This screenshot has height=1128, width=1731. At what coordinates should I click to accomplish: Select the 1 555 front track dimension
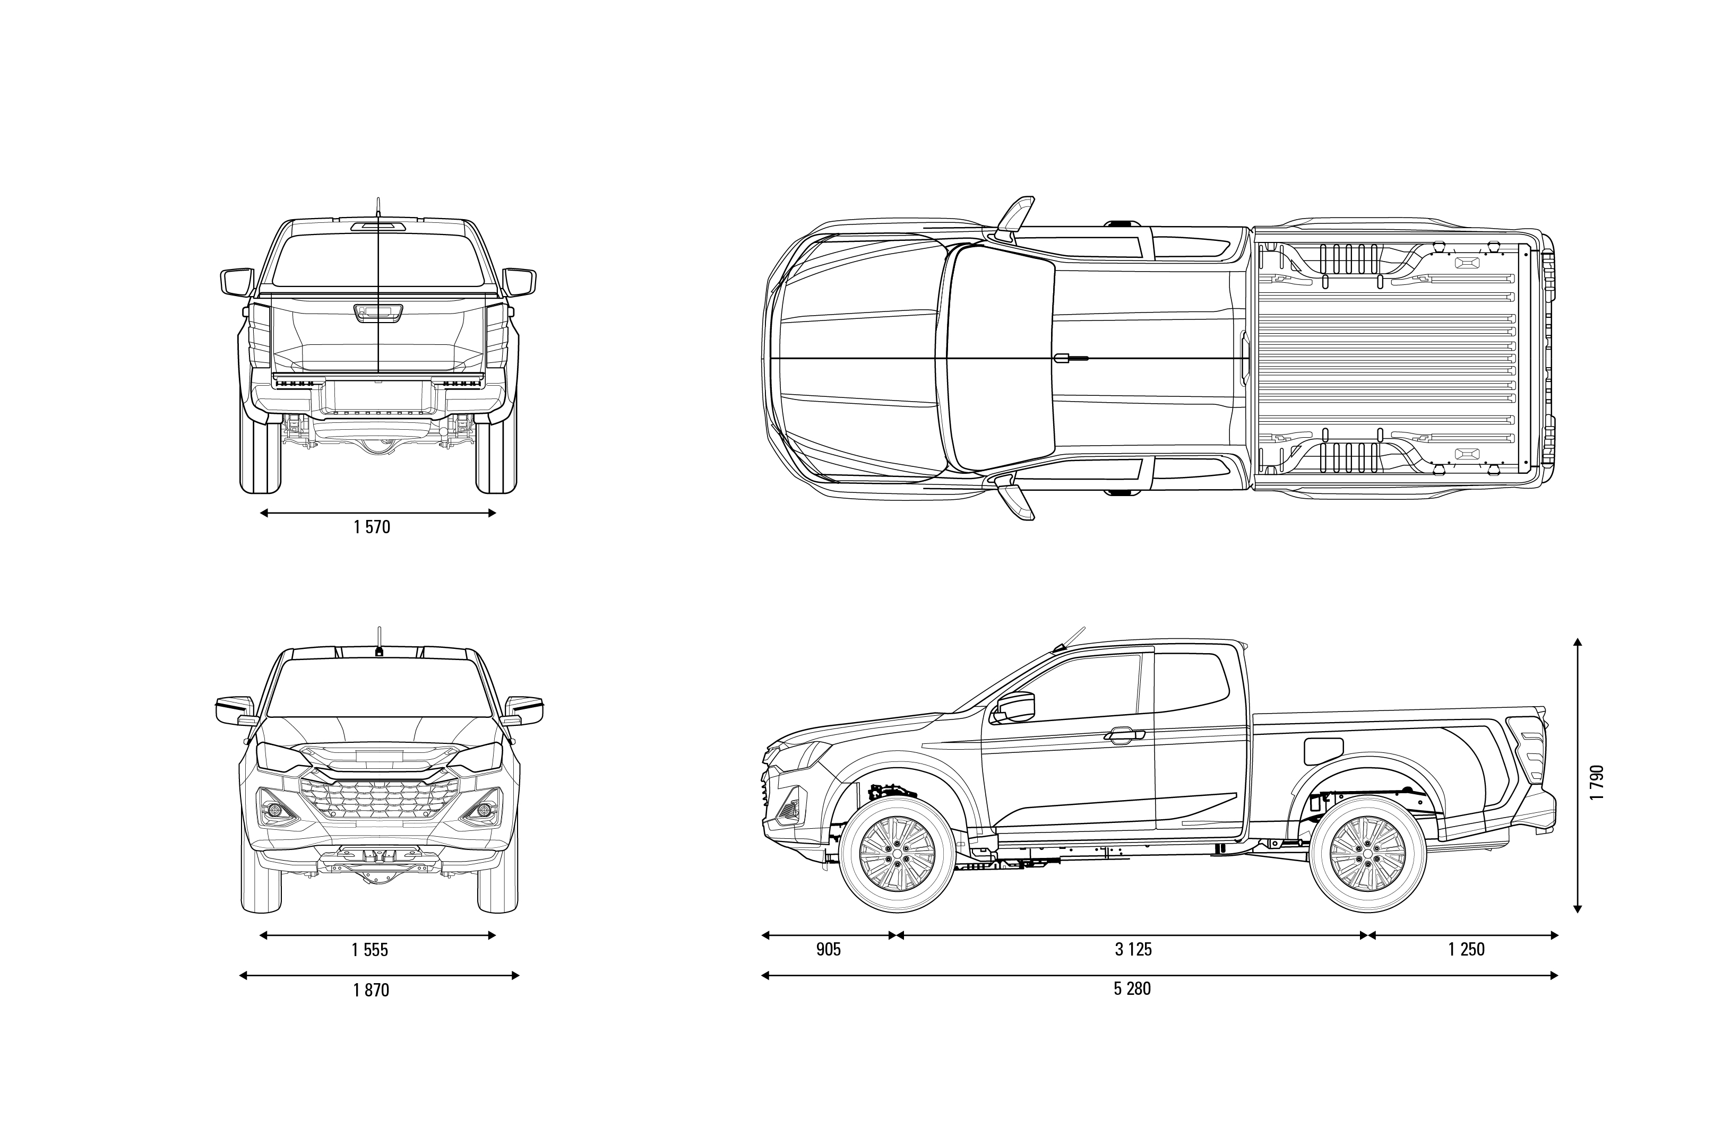(370, 949)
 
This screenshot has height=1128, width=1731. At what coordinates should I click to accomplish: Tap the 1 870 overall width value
(372, 990)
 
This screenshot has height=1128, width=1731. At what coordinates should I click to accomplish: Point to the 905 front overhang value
(829, 949)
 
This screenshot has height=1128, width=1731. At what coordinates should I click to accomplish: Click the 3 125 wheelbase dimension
(1134, 949)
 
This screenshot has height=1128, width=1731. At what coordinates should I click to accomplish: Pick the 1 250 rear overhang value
(1466, 949)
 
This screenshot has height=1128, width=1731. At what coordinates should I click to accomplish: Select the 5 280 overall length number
(1132, 988)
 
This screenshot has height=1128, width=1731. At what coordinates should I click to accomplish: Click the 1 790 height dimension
(1597, 782)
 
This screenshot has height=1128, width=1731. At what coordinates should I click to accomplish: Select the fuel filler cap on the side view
(1324, 751)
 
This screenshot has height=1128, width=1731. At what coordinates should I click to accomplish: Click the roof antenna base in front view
(379, 651)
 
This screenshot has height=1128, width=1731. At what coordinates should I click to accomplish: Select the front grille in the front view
(379, 798)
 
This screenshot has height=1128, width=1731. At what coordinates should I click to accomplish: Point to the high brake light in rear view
(378, 226)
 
